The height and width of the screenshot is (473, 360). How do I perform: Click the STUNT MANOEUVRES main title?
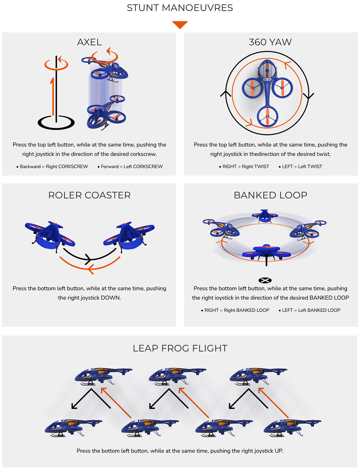pos(180,8)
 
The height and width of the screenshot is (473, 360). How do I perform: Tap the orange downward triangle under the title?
pos(180,25)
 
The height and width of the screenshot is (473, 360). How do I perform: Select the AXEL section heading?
pos(89,42)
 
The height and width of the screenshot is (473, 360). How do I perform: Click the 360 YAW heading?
pos(270,42)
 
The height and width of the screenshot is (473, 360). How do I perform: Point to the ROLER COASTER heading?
pos(89,195)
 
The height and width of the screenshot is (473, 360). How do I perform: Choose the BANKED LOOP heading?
pos(270,195)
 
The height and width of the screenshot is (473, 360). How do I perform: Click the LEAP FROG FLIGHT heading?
pos(180,348)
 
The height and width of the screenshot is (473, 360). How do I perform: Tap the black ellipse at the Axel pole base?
pos(56,122)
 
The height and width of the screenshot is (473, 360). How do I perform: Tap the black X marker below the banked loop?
pos(265,280)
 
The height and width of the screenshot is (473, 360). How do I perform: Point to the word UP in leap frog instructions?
pos(278,451)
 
